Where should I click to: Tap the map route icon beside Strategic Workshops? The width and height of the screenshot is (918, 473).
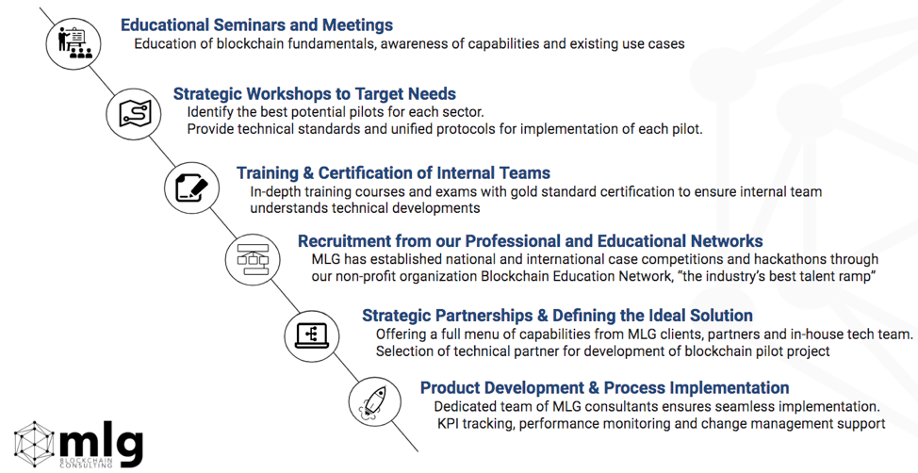coord(134,114)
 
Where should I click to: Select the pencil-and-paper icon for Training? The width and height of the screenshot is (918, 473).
coord(192,188)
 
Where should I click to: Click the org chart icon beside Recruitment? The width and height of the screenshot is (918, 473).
coord(253,259)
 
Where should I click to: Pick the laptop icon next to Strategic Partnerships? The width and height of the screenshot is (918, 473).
coord(311,336)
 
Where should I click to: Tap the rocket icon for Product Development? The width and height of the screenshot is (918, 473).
coord(375,402)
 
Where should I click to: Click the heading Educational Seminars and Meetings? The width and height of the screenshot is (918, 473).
coord(256,25)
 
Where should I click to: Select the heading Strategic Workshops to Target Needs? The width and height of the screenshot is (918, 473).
coord(315,93)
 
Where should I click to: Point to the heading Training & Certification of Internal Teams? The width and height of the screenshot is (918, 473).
coord(393,173)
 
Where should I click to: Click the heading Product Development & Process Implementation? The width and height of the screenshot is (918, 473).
coord(605,387)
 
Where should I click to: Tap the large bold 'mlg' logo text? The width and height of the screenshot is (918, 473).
coord(101,443)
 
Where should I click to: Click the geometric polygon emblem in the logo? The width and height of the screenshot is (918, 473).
coord(34,445)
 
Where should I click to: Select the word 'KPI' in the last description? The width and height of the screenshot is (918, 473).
coord(448,423)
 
